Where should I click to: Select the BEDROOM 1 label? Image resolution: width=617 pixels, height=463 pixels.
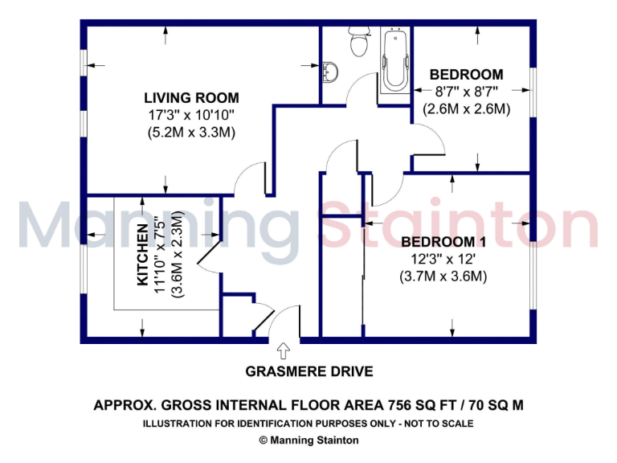click(x=443, y=242)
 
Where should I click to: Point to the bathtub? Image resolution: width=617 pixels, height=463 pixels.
click(x=395, y=61)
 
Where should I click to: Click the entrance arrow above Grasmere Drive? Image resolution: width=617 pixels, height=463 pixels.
click(x=283, y=351)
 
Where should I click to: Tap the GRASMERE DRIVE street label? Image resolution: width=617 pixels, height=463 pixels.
click(x=309, y=371)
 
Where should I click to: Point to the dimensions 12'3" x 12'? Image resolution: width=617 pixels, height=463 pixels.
click(x=443, y=259)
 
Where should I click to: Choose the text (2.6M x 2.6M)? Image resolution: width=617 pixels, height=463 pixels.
click(x=467, y=109)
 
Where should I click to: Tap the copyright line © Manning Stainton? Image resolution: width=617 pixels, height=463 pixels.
click(x=308, y=440)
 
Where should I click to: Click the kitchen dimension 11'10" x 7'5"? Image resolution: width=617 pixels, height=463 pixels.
click(x=162, y=255)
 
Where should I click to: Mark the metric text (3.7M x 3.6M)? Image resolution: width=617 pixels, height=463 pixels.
click(x=443, y=276)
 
